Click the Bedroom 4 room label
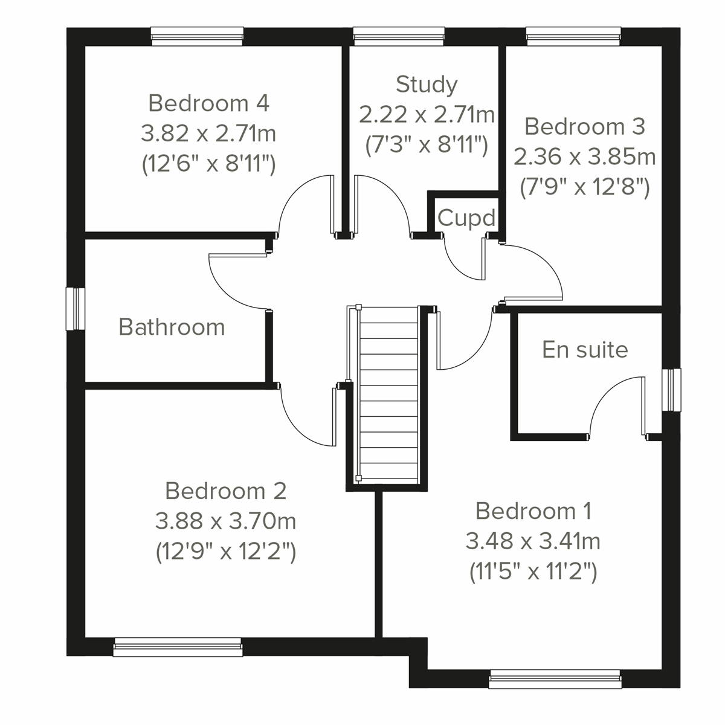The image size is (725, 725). pos(208,103)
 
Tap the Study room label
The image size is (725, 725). pos(427,84)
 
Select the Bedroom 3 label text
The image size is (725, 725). pos(584,127)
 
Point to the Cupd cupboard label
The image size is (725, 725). pos(466,217)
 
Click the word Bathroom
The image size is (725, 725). pos(172,327)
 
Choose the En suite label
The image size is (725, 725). pos(585,349)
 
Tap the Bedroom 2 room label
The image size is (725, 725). pos(225,491)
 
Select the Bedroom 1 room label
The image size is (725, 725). pos(533,511)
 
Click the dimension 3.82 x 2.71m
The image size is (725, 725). pos(208,134)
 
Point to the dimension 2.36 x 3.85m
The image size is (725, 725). pos(584,157)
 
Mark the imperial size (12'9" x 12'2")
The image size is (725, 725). pos(225,552)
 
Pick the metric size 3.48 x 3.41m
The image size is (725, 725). pos(533,541)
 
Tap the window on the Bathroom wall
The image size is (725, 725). pos(76,309)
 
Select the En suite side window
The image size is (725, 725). pos(671,390)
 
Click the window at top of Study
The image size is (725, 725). pos(399,36)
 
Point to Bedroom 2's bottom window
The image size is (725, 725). pos(178,648)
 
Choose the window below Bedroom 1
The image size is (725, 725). pos(555,679)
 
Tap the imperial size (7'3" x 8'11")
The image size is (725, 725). pos(427,145)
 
